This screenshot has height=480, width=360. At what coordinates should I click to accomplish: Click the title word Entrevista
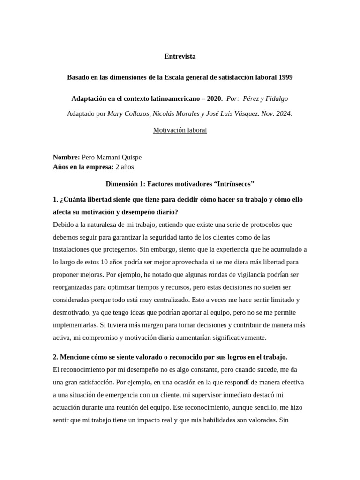tap(180, 56)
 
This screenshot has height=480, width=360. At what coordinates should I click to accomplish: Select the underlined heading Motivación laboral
tap(180, 130)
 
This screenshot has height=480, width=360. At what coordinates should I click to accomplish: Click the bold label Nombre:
tap(66, 157)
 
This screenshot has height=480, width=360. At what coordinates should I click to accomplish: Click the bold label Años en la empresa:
tap(83, 166)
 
